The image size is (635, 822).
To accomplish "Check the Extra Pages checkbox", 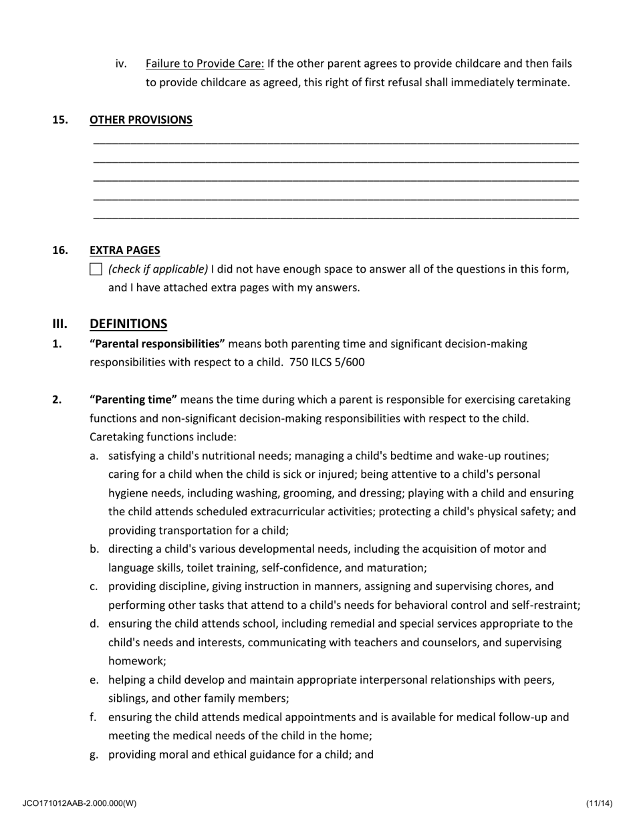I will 96,269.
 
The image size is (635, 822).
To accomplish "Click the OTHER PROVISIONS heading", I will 140,120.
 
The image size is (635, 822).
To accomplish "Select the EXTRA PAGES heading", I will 124,250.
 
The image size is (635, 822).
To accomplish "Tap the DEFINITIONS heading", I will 128,323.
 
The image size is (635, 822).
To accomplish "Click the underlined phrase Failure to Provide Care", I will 205,63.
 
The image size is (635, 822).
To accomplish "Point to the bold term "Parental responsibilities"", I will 157,344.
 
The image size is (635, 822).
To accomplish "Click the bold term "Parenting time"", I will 133,400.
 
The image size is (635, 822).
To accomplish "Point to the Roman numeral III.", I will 60,323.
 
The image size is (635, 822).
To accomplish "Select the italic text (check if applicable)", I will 158,269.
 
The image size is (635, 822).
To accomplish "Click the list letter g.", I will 94,755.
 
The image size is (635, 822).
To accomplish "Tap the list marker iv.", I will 121,63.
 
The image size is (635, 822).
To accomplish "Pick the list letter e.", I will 94,680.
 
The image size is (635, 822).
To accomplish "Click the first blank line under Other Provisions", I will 336,143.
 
